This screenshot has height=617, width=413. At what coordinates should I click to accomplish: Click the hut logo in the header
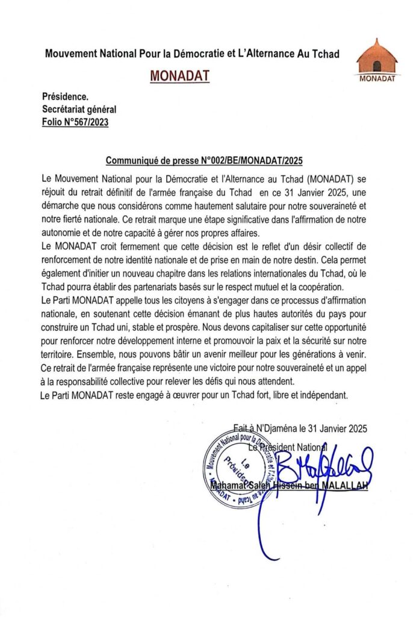(x=376, y=57)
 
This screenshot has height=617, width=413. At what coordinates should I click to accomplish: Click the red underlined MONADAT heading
(x=175, y=77)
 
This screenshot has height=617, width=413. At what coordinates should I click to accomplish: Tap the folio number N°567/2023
(x=76, y=122)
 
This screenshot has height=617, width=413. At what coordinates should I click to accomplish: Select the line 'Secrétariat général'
(x=79, y=109)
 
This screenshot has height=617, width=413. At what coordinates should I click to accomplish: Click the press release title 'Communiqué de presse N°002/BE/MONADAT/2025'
(x=204, y=161)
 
